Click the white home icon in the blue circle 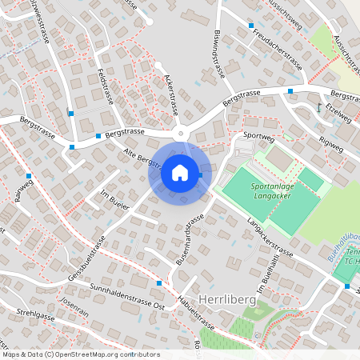pos(179,172)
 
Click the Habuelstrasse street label pos(196,314)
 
